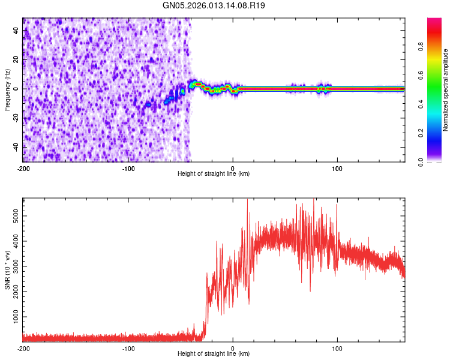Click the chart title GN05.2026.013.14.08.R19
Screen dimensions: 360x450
(214, 6)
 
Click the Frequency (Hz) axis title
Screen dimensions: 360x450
(7, 89)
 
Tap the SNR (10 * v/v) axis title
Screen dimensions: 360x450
(7, 268)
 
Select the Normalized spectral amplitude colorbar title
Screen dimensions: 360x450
(446, 89)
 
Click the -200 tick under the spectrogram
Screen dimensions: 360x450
(23, 167)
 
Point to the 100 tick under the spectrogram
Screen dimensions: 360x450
(337, 167)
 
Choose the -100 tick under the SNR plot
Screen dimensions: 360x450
(128, 349)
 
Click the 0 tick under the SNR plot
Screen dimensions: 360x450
(233, 349)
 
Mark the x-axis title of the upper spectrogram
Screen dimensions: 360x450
(214, 174)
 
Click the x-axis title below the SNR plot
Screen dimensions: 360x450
(214, 355)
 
